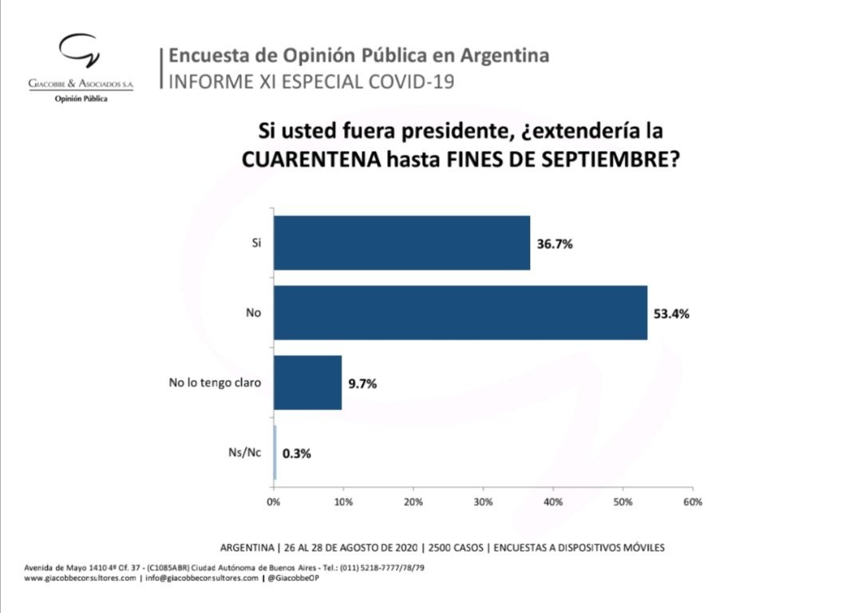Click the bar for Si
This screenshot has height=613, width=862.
401,243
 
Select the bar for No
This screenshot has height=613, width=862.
461,313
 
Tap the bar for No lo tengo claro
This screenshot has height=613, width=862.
308,383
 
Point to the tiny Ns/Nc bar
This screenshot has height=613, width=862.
275,453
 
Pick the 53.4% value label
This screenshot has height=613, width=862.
672,314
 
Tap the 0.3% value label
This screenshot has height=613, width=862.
297,453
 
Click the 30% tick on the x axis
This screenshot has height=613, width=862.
483,502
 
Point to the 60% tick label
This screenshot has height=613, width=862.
692,502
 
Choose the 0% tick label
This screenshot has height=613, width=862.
274,502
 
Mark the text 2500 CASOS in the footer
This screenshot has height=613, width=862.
458,548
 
